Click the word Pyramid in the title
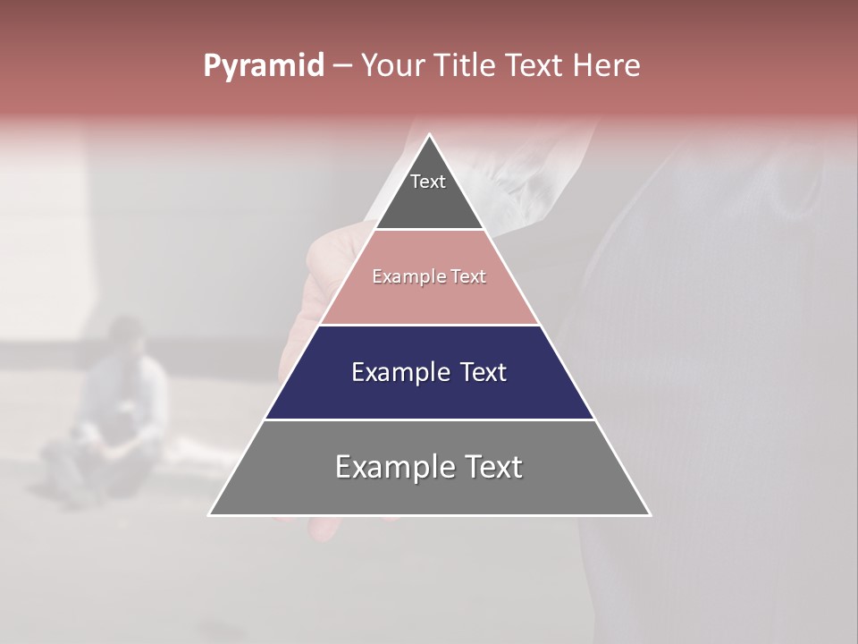coord(263,66)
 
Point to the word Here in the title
coord(607,66)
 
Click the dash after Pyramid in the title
coord(341,66)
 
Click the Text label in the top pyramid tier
coord(428,182)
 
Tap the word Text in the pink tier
coord(468,277)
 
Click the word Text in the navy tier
coord(483,372)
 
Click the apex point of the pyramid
coord(429,135)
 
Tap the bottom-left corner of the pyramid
coord(209,514)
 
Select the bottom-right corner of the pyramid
coord(650,514)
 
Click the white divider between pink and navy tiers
coord(429,325)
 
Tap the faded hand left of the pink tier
coord(313,286)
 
